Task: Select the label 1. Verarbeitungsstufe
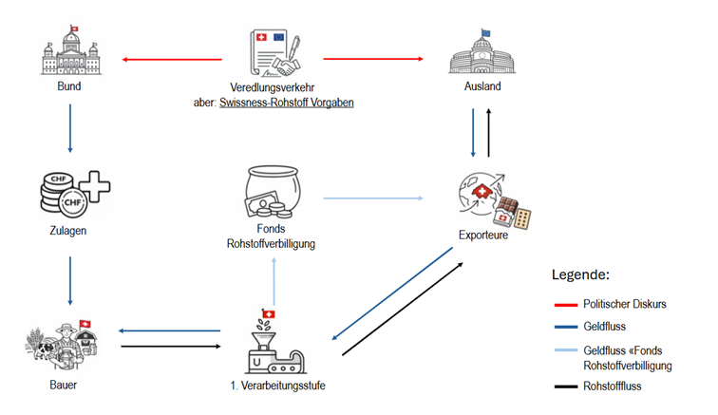click(x=272, y=387)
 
